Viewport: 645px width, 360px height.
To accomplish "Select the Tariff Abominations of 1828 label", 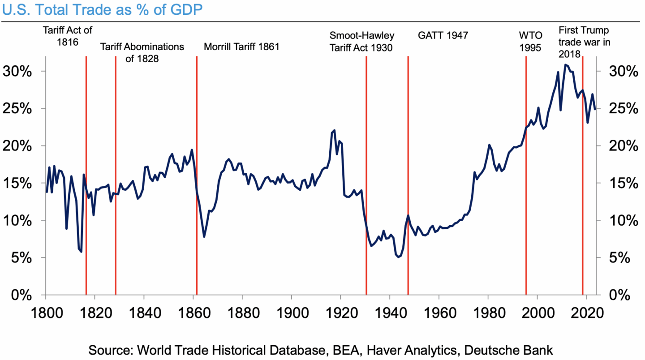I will coord(142,52).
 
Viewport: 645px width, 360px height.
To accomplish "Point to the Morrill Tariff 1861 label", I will coord(241,47).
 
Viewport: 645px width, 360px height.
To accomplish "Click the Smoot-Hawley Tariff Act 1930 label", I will coord(361,42).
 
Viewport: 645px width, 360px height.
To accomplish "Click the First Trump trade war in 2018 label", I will coord(584,42).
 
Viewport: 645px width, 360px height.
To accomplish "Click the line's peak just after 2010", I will coord(566,64).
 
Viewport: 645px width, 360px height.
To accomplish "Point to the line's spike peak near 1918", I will coord(334,130).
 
